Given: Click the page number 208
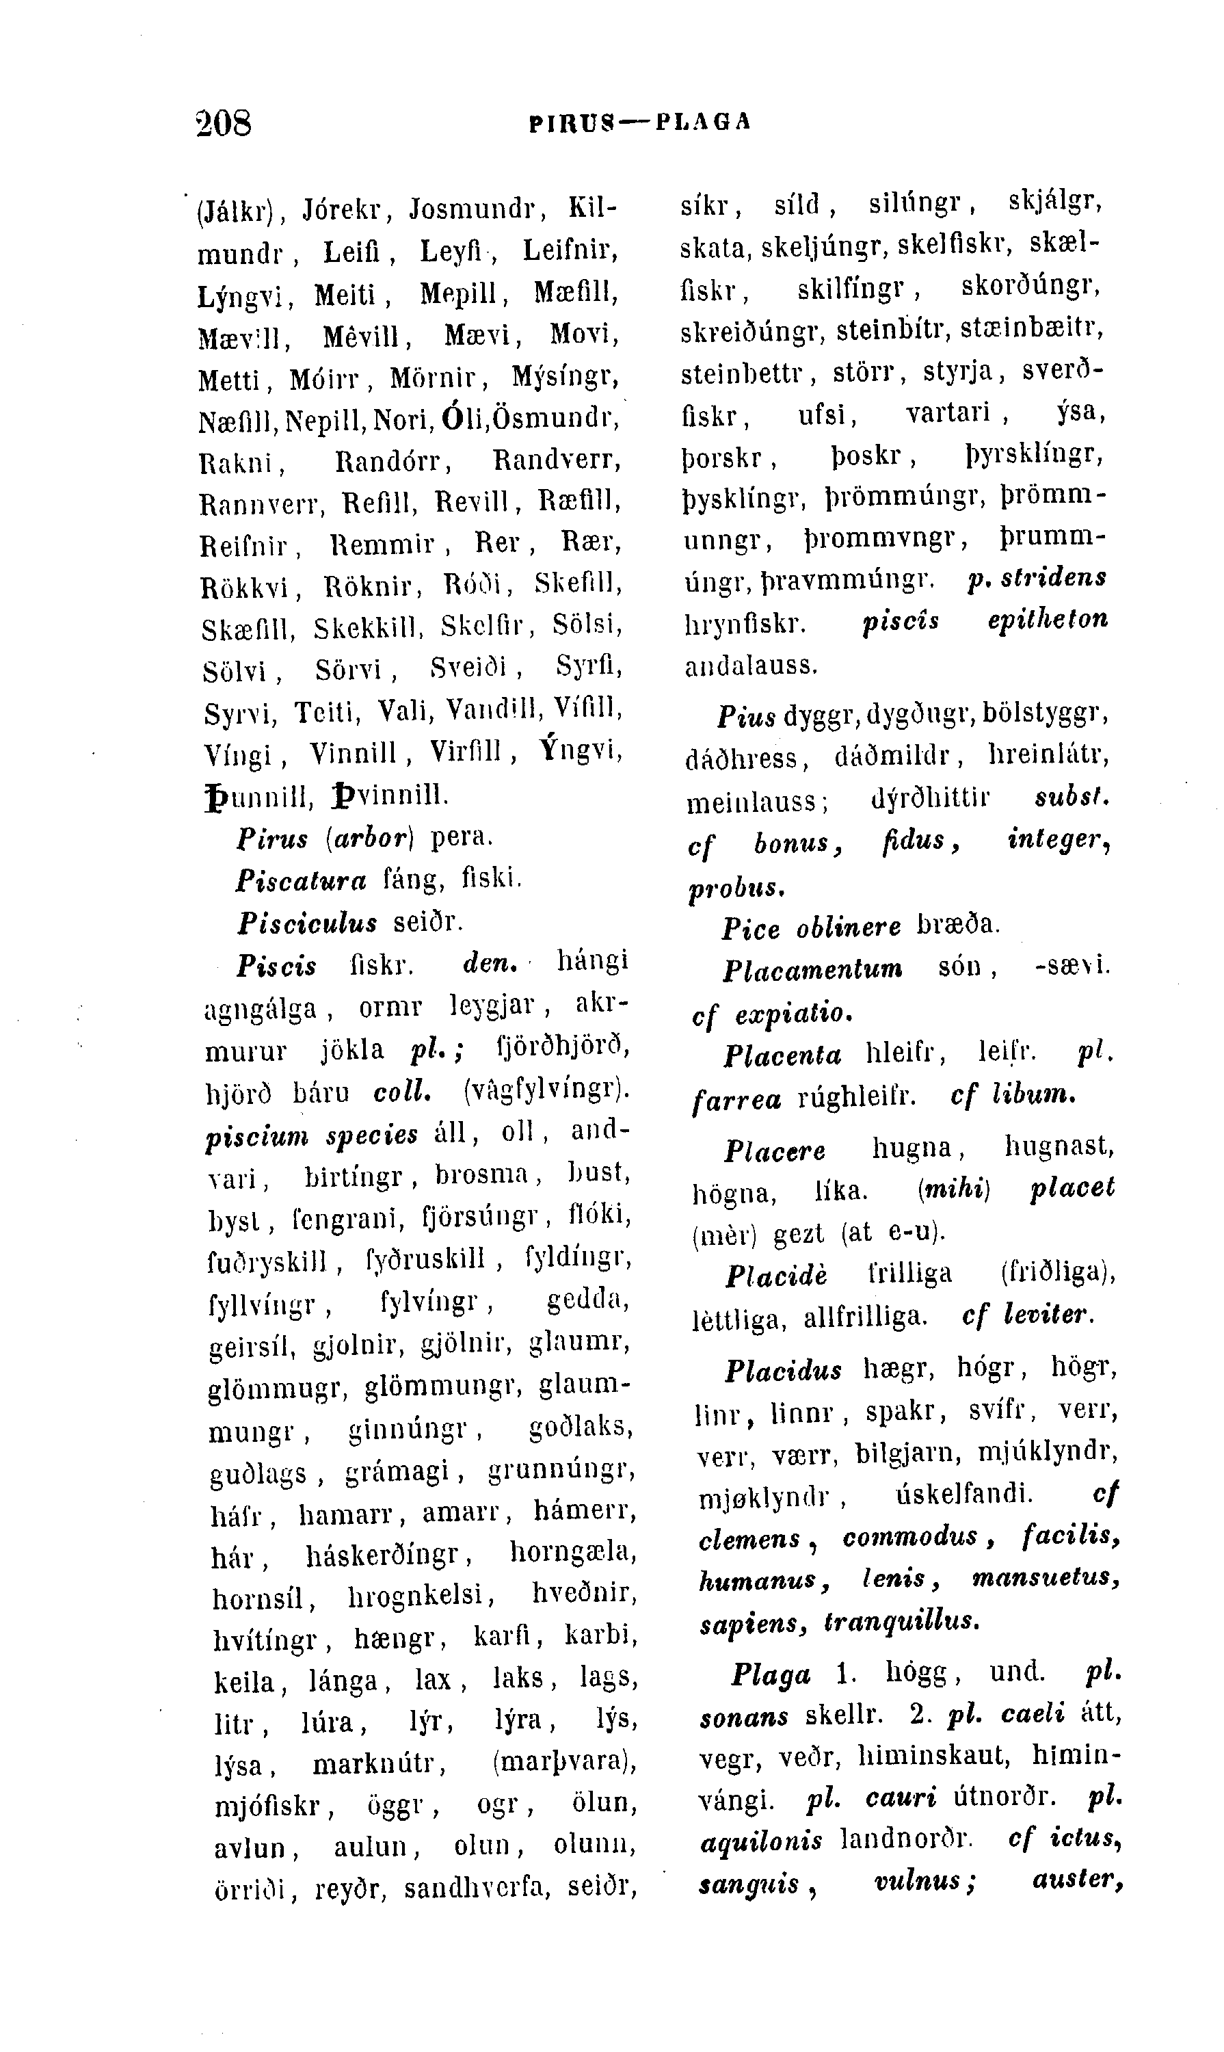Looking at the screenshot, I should point(224,124).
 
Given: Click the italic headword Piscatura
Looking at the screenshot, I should point(301,881).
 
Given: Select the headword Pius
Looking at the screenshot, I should point(747,716).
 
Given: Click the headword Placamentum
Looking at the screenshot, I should point(812,969).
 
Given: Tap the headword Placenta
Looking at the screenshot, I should point(783,1056).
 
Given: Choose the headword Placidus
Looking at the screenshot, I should point(784,1371).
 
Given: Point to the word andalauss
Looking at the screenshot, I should point(751,665).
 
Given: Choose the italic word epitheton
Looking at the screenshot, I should point(1048,620).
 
